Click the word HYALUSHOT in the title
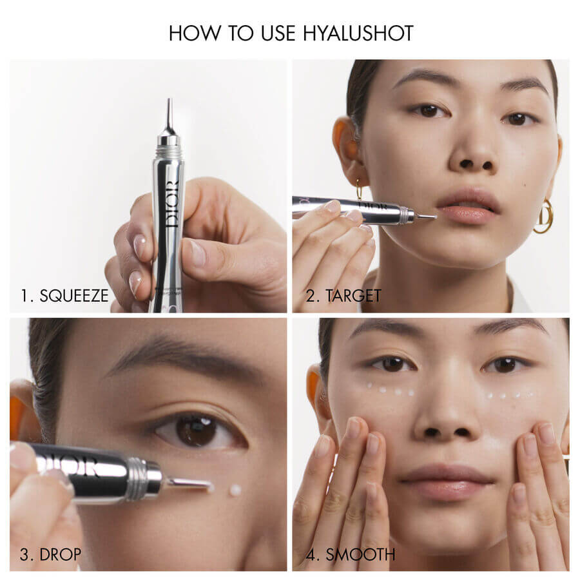(358, 34)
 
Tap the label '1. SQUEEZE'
(64, 296)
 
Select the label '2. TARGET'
(343, 296)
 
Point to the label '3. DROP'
(50, 554)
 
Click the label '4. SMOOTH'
(351, 554)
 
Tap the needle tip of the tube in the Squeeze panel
(169, 100)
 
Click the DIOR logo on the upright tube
(171, 204)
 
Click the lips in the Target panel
(468, 206)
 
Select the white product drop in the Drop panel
(235, 490)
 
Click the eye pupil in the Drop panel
(197, 431)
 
